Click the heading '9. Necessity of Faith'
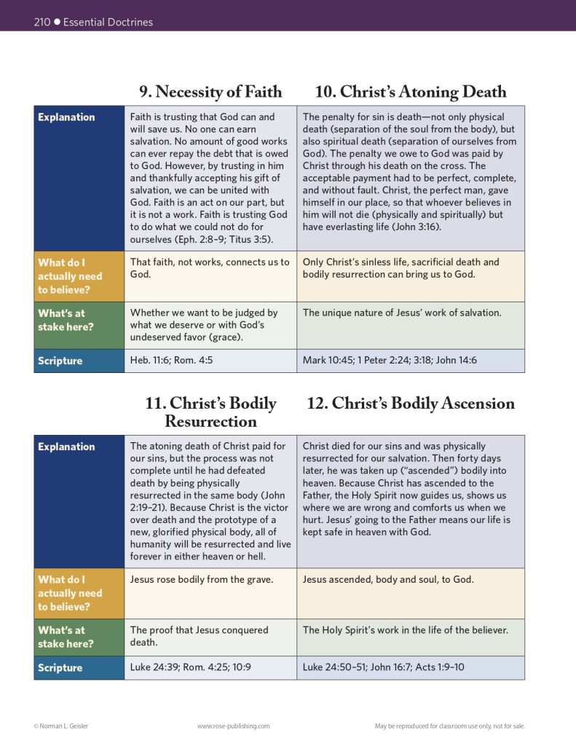tap(210, 92)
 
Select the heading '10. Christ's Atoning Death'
tap(410, 92)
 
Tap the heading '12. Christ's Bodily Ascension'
tap(410, 404)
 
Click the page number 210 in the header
tap(42, 22)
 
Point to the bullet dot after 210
tap(57, 22)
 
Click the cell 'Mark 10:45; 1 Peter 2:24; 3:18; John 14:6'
tap(390, 361)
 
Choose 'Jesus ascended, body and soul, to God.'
tap(388, 580)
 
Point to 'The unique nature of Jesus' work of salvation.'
tap(402, 313)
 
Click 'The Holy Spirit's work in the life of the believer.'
tap(405, 630)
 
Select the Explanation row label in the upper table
tap(66, 117)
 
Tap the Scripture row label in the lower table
tap(60, 668)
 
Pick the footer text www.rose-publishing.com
tap(234, 726)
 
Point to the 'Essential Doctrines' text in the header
tap(109, 22)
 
